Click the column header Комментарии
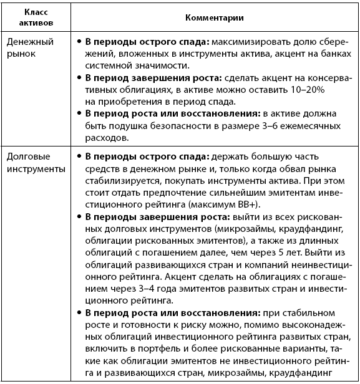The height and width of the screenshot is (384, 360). (x=213, y=16)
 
